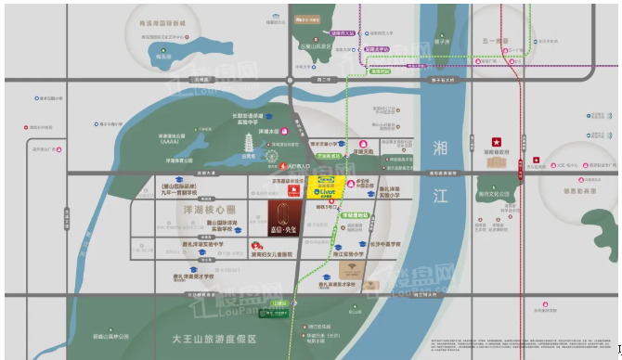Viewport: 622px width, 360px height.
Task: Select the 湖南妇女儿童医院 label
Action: (268, 254)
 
